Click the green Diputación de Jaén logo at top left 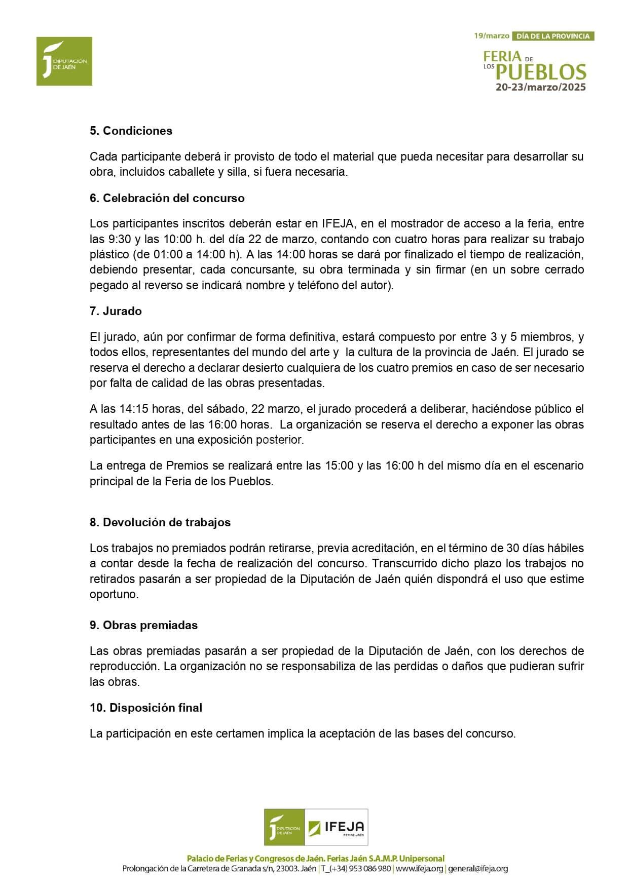pyautogui.click(x=64, y=61)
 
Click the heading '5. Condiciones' pyautogui.click(x=131, y=131)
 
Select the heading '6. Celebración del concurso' pyautogui.click(x=167, y=198)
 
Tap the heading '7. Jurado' pyautogui.click(x=116, y=311)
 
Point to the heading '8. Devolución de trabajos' pyautogui.click(x=160, y=522)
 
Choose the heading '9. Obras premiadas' pyautogui.click(x=143, y=625)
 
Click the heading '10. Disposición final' pyautogui.click(x=145, y=708)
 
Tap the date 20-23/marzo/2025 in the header pyautogui.click(x=540, y=87)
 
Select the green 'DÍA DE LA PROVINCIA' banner pyautogui.click(x=552, y=36)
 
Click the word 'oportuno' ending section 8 pyautogui.click(x=114, y=594)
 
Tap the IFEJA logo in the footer pyautogui.click(x=336, y=827)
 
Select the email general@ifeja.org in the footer pyautogui.click(x=478, y=869)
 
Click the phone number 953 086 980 pyautogui.click(x=369, y=869)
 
